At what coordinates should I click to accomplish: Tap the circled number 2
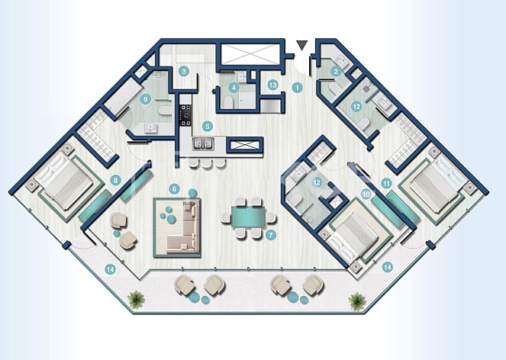click(335, 72)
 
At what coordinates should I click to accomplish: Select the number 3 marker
click(183, 72)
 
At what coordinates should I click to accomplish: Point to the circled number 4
click(235, 88)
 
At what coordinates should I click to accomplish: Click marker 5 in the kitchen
click(206, 126)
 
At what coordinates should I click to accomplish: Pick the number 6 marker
click(174, 188)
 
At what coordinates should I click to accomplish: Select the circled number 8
click(116, 181)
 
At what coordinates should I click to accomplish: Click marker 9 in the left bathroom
click(145, 99)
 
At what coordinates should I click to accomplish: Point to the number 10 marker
click(366, 194)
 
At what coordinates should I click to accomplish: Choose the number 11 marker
click(387, 183)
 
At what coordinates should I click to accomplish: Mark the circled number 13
click(272, 85)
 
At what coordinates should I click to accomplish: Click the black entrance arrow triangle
click(304, 46)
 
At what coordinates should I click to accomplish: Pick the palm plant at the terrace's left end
click(136, 300)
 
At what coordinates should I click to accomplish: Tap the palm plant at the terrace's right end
click(356, 301)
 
